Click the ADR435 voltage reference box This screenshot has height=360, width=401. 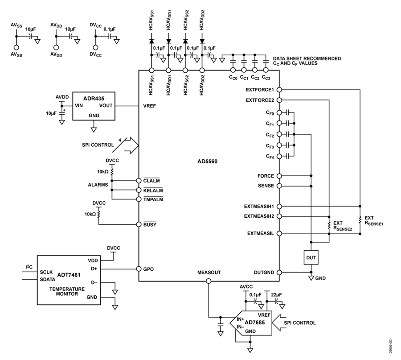click(94, 106)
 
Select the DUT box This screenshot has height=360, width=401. click(311, 257)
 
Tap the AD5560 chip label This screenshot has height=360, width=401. click(207, 161)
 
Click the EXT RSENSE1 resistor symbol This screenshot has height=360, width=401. click(360, 219)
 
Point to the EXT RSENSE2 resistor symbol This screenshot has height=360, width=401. click(329, 225)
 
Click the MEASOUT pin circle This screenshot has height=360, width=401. click(209, 281)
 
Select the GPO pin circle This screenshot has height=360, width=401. click(139, 269)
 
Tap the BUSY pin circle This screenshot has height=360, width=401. click(139, 224)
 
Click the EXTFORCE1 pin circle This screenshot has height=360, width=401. click(279, 90)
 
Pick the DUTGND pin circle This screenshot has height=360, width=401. click(279, 273)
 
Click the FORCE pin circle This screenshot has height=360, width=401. click(279, 176)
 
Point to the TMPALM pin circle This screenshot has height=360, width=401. click(139, 199)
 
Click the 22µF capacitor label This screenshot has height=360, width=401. click(276, 295)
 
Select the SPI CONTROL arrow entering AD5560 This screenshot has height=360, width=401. click(131, 145)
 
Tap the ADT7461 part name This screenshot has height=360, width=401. click(69, 275)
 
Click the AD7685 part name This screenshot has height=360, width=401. click(255, 323)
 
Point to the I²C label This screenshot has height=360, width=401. click(29, 267)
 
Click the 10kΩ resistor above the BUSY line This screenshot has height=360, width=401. click(99, 214)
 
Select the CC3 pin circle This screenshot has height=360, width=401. click(266, 70)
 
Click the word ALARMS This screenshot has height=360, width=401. click(98, 185)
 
